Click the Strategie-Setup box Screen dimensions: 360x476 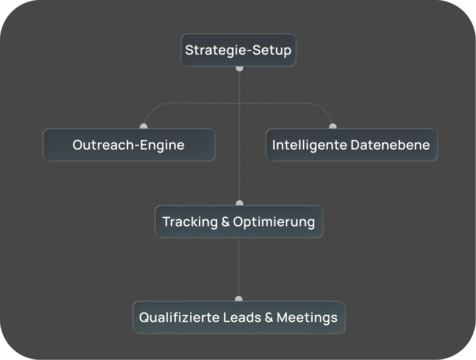238,50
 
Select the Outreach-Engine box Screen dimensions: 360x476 129,145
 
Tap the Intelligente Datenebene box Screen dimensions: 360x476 351,145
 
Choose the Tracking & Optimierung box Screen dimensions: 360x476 239,222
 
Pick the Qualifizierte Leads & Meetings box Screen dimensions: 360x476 239,317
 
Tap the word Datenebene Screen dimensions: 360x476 390,145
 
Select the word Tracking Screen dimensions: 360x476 190,222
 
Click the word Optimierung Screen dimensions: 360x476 274,222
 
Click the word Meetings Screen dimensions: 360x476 307,317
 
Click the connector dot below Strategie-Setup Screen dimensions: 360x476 239,68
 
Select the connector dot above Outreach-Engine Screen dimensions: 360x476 144,126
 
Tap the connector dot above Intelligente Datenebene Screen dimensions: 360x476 333,126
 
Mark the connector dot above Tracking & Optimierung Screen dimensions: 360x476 239,203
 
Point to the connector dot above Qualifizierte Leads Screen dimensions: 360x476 239,299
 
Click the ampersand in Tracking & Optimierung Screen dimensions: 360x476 226,222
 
